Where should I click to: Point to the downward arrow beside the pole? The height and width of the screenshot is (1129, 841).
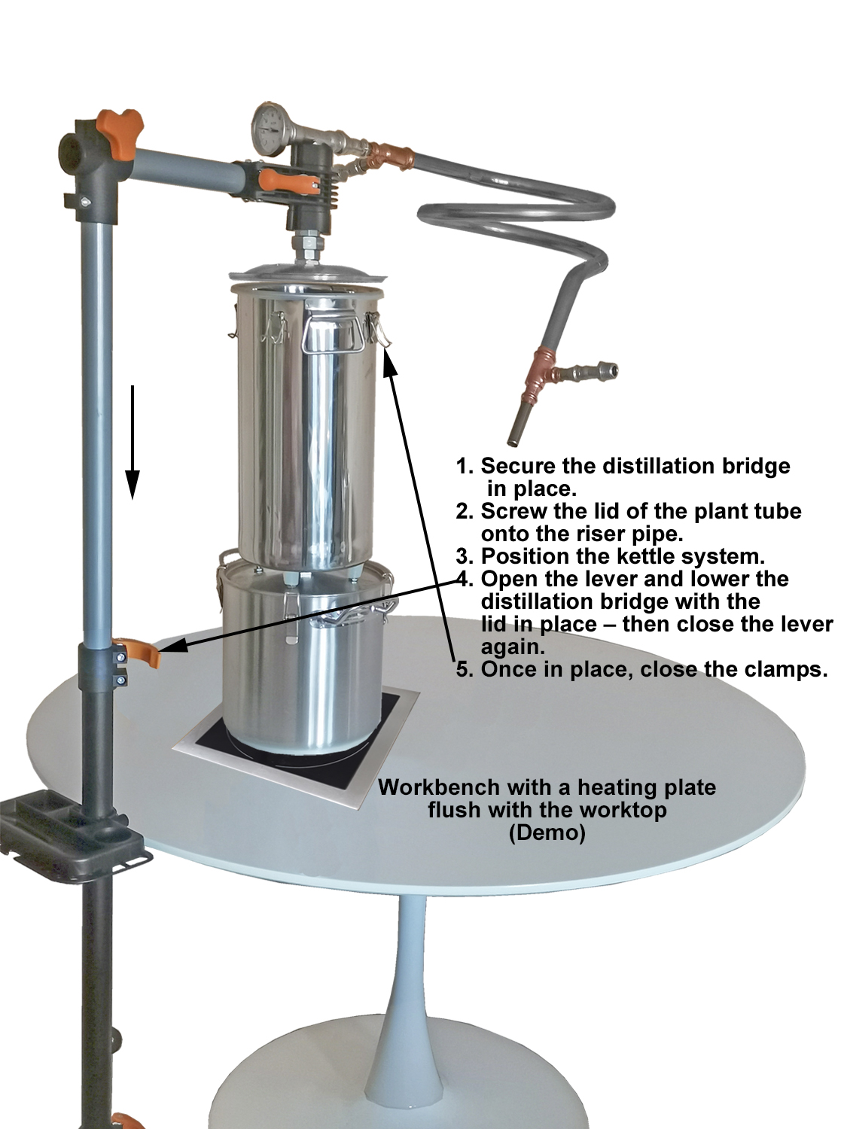133,442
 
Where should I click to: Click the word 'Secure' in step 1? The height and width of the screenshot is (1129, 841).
518,466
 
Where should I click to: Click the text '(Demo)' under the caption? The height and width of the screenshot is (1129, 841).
547,832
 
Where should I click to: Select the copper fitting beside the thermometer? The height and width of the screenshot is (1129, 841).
390,154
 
